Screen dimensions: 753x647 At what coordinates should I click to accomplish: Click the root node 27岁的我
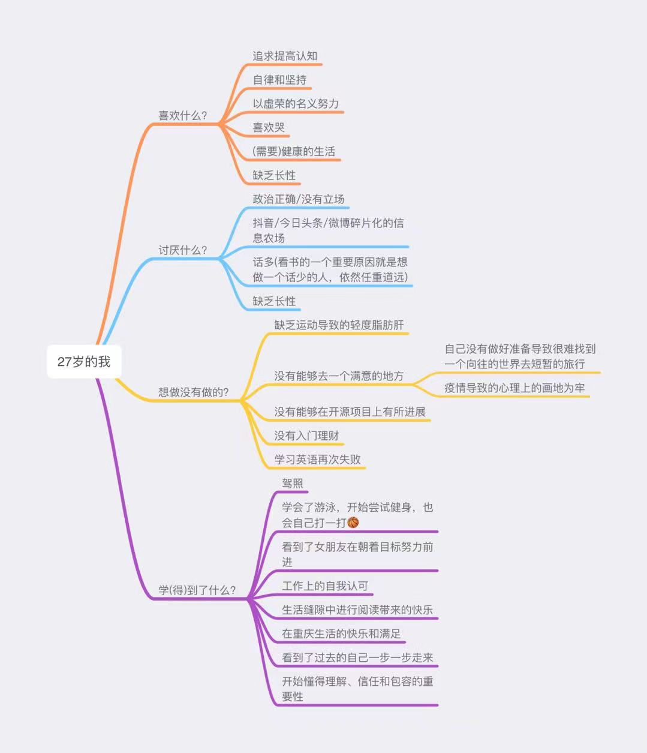click(84, 362)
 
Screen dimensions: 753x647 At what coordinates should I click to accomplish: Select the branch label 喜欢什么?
click(182, 116)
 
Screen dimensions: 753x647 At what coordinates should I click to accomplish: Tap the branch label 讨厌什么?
click(182, 250)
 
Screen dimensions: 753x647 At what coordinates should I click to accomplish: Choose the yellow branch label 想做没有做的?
click(194, 392)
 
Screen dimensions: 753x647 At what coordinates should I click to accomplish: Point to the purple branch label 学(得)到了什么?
click(197, 590)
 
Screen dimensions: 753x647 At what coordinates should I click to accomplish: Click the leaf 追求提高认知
click(285, 56)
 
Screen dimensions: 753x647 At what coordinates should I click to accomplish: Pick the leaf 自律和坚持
click(279, 80)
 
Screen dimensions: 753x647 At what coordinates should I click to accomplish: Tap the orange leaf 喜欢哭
click(269, 128)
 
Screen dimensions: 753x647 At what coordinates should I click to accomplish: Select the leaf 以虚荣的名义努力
click(296, 104)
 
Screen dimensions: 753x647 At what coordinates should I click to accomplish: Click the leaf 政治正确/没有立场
click(298, 199)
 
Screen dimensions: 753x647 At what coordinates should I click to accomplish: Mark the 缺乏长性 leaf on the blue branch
click(274, 301)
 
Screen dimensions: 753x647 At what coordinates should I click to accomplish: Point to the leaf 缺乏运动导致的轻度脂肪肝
click(339, 325)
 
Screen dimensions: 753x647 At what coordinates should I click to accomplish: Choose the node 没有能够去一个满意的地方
click(339, 376)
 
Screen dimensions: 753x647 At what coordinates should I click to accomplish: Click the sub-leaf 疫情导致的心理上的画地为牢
click(514, 388)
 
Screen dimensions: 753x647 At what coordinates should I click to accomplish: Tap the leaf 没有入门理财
click(306, 436)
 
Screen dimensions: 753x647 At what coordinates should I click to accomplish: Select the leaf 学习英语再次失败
click(317, 460)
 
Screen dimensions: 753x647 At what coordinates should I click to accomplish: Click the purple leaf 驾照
click(293, 484)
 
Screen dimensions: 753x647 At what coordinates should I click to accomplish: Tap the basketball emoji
click(353, 523)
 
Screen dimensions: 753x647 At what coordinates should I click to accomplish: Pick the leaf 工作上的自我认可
click(325, 586)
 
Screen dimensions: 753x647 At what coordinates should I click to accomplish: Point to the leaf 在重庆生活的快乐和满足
click(341, 634)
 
